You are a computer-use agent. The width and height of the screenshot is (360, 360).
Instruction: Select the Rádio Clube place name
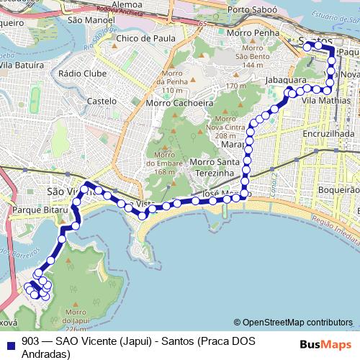(83, 73)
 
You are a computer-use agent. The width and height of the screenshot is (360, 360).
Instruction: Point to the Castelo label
(102, 102)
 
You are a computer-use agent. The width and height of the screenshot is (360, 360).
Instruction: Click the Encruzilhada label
(328, 134)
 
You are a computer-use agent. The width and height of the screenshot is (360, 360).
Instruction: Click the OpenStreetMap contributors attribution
(297, 322)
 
